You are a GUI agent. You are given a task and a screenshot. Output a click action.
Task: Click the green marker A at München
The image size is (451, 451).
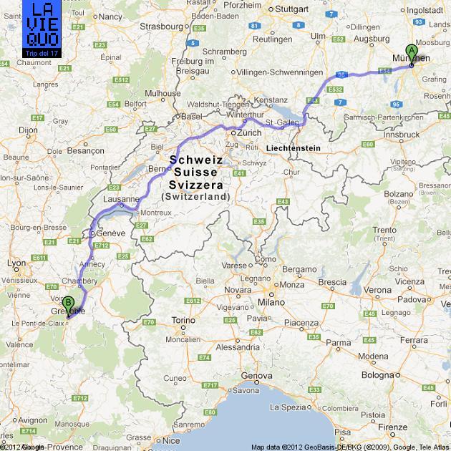[x=412, y=52]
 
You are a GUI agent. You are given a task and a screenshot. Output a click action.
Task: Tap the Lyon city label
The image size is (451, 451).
[x=16, y=263]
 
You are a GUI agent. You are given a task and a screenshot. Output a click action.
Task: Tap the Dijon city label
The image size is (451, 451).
[x=28, y=130]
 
